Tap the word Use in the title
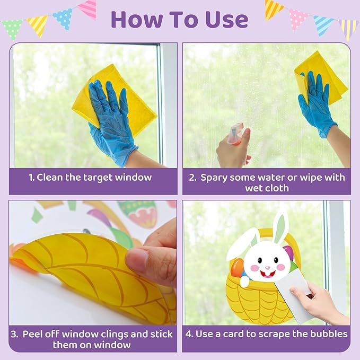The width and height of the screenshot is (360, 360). point(225,20)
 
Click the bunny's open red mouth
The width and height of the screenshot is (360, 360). point(268,272)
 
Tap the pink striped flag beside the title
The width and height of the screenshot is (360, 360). point(87,9)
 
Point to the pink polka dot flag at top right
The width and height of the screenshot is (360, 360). point(298,18)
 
